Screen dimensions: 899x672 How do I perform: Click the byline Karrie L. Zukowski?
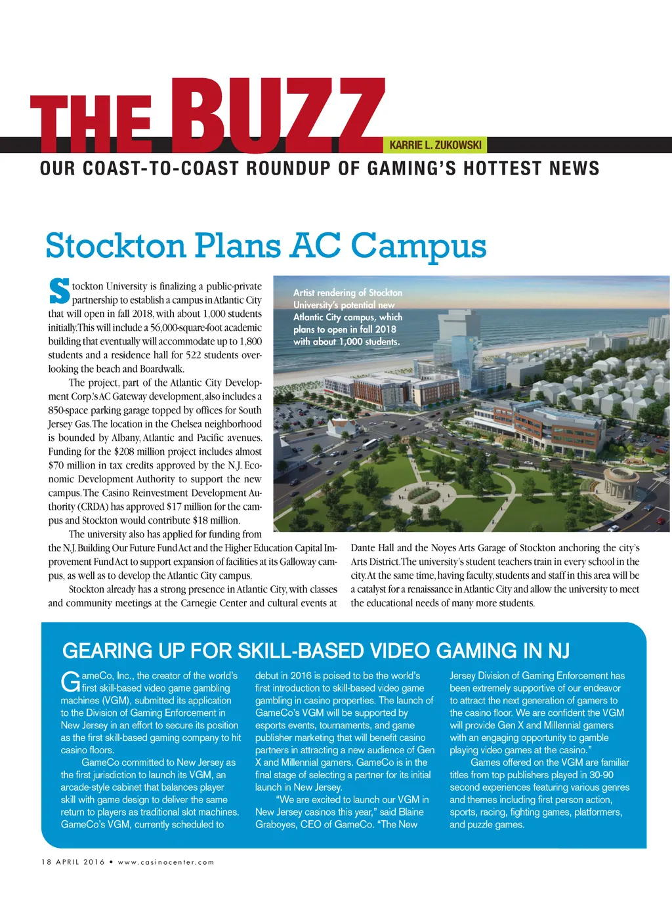435,145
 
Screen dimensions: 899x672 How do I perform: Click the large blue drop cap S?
58,292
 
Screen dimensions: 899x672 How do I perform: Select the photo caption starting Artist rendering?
347,317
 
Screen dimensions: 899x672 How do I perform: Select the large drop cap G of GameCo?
70,682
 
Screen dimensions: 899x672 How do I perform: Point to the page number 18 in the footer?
46,862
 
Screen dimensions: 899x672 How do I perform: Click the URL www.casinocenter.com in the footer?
165,862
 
